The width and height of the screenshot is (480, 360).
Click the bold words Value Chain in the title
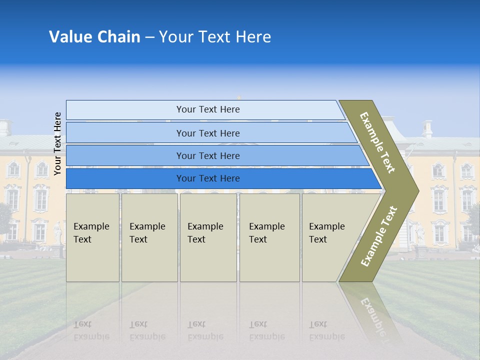pos(94,37)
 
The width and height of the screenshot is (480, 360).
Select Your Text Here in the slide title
pos(215,37)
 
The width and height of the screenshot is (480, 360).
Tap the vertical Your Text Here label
pos(57,143)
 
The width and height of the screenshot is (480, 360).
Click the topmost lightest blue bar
pos(205,109)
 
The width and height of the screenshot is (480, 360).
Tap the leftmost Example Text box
pos(92,237)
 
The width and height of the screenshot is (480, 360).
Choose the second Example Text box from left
pos(149,237)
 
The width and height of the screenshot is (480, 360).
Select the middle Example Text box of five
pos(207,237)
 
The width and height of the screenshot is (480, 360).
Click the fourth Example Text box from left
pos(269,237)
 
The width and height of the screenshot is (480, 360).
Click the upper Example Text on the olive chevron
pos(377,142)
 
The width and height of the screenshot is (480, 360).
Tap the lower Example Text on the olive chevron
pos(379,236)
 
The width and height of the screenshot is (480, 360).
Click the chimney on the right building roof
pos(427,128)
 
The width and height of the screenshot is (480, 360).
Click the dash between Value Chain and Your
pos(149,37)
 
